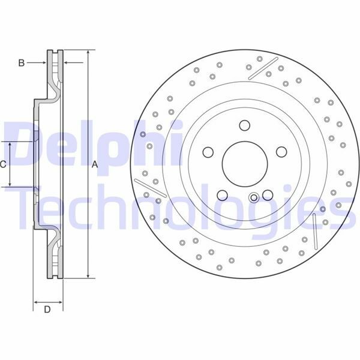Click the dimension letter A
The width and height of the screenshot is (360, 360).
pyautogui.click(x=95, y=164)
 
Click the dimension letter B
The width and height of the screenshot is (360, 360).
pyautogui.click(x=22, y=62)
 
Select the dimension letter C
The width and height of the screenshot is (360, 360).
pyautogui.click(x=3, y=164)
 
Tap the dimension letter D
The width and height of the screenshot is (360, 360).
pyautogui.click(x=47, y=310)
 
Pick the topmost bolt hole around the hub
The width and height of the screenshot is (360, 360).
pyautogui.click(x=245, y=125)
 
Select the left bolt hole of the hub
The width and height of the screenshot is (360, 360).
pyautogui.click(x=208, y=152)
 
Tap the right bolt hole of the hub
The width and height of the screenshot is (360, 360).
pyautogui.click(x=281, y=152)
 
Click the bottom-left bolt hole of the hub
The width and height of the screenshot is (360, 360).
pyautogui.click(x=222, y=195)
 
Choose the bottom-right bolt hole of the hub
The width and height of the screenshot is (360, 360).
pyautogui.click(x=268, y=195)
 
